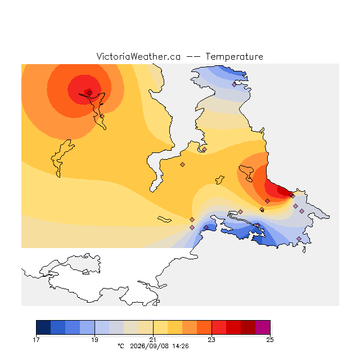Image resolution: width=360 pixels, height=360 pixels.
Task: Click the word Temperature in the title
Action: [x=234, y=57]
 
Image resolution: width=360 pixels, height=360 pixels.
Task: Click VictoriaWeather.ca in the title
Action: [x=138, y=57]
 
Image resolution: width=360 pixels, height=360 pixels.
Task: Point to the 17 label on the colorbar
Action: [x=36, y=340]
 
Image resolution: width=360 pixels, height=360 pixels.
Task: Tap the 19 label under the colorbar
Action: [x=94, y=340]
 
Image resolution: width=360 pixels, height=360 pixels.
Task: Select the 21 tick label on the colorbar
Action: [x=153, y=340]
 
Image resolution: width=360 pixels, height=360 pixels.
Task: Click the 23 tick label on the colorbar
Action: [x=211, y=340]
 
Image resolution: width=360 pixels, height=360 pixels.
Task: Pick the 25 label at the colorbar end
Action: [x=270, y=340]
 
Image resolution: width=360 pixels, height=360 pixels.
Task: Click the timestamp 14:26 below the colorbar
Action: [x=181, y=346]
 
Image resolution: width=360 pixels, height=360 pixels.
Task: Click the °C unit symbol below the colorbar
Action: [x=121, y=346]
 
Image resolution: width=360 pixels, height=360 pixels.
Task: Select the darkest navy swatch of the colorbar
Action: [x=43, y=327]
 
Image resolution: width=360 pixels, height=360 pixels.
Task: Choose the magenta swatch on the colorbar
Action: [x=263, y=327]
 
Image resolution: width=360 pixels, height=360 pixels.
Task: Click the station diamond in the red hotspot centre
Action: [x=90, y=93]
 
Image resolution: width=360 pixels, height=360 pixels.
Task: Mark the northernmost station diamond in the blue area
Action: [x=234, y=84]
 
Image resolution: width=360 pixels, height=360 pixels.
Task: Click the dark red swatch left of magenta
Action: [x=248, y=327]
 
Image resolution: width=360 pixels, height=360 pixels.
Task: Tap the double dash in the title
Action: [x=193, y=57]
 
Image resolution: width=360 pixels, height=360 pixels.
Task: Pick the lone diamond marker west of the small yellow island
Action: [x=182, y=164]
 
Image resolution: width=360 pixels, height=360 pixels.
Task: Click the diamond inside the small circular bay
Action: [x=204, y=149]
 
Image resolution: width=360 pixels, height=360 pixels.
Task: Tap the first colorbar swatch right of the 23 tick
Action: [x=219, y=327]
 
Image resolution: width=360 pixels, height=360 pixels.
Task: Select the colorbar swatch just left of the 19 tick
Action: [x=87, y=327]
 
